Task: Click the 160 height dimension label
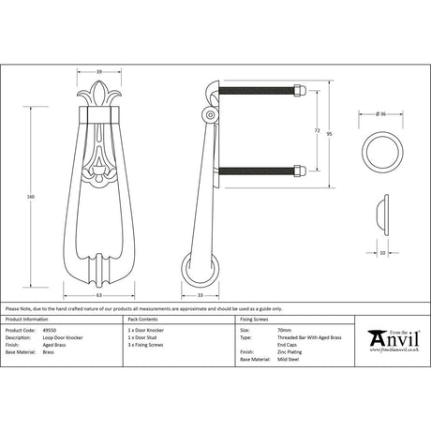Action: click(31, 196)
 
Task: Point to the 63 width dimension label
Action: click(98, 293)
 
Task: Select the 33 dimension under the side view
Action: click(201, 293)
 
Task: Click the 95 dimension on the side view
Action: click(329, 133)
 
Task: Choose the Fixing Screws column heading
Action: click(260, 320)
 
